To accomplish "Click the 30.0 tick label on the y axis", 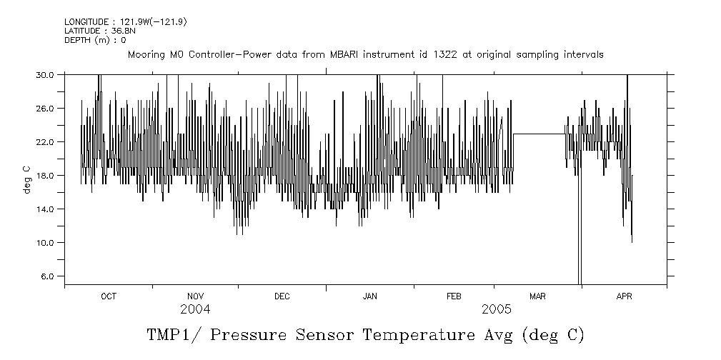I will click(46, 74).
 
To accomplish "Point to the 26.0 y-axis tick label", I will click(46, 108).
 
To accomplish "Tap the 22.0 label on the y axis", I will click(46, 141).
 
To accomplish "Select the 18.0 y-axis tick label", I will click(46, 175).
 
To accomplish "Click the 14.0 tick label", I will click(46, 209).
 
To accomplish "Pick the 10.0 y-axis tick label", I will click(46, 242).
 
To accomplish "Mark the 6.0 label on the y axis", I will click(48, 276).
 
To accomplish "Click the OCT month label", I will click(109, 296).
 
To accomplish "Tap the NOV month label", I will click(195, 296).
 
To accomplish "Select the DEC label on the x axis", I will click(282, 296).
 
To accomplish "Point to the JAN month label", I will click(369, 296).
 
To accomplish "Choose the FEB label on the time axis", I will click(454, 296).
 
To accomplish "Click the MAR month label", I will click(537, 296).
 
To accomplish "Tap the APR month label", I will click(624, 296).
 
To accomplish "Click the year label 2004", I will click(195, 309).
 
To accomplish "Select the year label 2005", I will click(496, 309).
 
